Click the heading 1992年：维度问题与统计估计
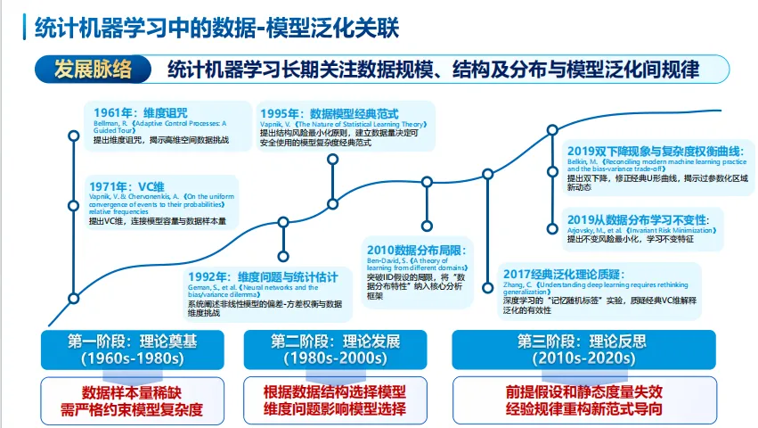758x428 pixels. tap(263, 277)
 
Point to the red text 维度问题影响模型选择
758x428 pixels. tap(335, 410)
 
